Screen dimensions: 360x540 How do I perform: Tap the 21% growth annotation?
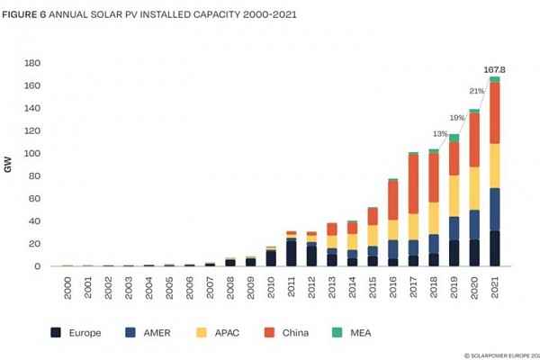(x=476, y=91)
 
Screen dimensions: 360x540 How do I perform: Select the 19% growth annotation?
(x=457, y=118)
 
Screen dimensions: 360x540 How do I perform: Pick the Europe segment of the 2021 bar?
(x=494, y=248)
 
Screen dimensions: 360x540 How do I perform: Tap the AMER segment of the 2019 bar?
(x=453, y=228)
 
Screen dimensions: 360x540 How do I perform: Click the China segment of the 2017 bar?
(x=412, y=184)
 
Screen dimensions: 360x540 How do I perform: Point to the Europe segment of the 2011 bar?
(x=290, y=253)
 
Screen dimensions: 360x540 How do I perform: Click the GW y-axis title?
(x=8, y=165)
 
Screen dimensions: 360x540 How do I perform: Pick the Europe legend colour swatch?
(x=56, y=332)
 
